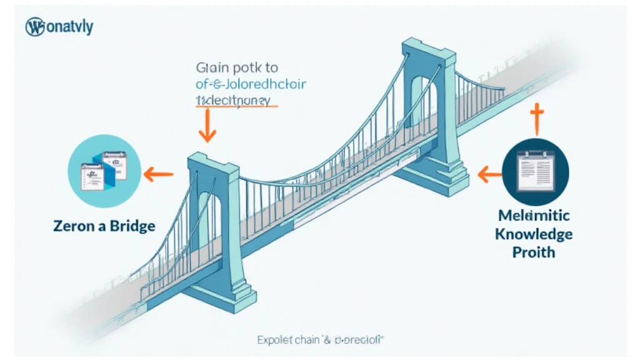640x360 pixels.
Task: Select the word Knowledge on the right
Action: (534, 234)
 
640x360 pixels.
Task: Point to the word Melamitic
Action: (534, 216)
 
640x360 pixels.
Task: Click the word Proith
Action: (533, 252)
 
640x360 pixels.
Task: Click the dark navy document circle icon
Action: (536, 168)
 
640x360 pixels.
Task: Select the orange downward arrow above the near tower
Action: (207, 127)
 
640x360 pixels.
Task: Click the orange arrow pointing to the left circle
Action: (159, 175)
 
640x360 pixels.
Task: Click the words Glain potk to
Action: (237, 67)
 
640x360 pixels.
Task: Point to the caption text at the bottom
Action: (319, 341)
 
